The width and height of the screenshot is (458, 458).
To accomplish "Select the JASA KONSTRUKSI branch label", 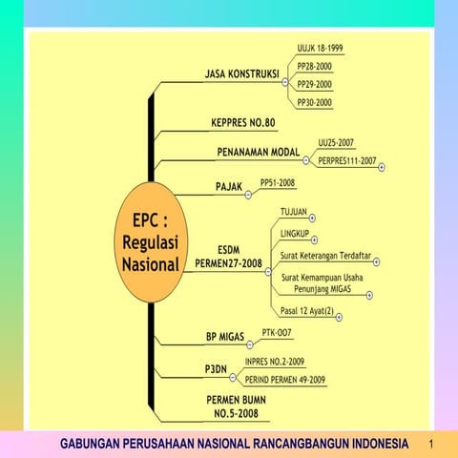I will tap(241, 73).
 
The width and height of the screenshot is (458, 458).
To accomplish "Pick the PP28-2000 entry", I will tap(314, 66).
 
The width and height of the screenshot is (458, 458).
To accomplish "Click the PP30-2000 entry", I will tap(314, 101).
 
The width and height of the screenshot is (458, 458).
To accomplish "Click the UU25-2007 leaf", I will tap(337, 142).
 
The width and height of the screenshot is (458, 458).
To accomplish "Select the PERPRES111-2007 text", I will tap(346, 160).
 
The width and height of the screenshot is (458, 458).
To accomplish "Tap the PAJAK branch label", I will tap(228, 185).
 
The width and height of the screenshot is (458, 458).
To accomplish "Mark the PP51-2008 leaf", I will tap(278, 180).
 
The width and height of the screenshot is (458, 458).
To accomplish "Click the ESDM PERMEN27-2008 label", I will tap(228, 256).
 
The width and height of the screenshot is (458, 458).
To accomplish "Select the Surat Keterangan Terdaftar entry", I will tap(325, 256).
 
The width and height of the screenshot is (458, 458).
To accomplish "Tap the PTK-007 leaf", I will tap(277, 333).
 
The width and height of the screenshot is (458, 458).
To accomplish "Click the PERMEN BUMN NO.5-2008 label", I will tap(235, 407).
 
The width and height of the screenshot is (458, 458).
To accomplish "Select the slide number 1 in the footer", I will tap(431, 445).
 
